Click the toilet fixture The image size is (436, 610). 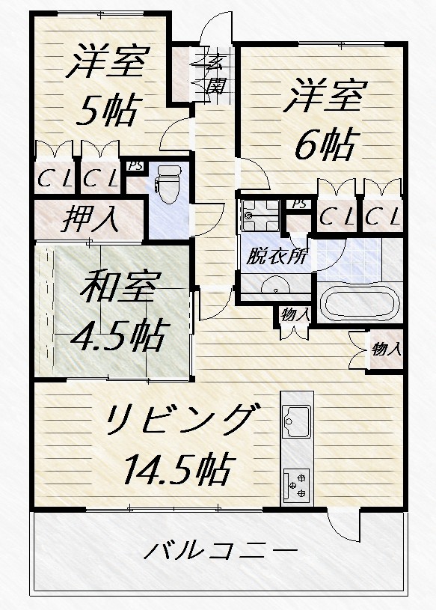(168, 183)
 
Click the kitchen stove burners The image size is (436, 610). (297, 485)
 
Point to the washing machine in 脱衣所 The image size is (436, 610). (260, 216)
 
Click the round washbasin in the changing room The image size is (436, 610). (275, 285)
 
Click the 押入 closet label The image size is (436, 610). (91, 220)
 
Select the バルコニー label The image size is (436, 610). (221, 551)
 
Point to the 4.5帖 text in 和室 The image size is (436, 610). (121, 335)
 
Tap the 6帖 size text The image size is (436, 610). (326, 144)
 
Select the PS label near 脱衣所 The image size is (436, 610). (299, 204)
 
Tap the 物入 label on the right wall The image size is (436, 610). (386, 350)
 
